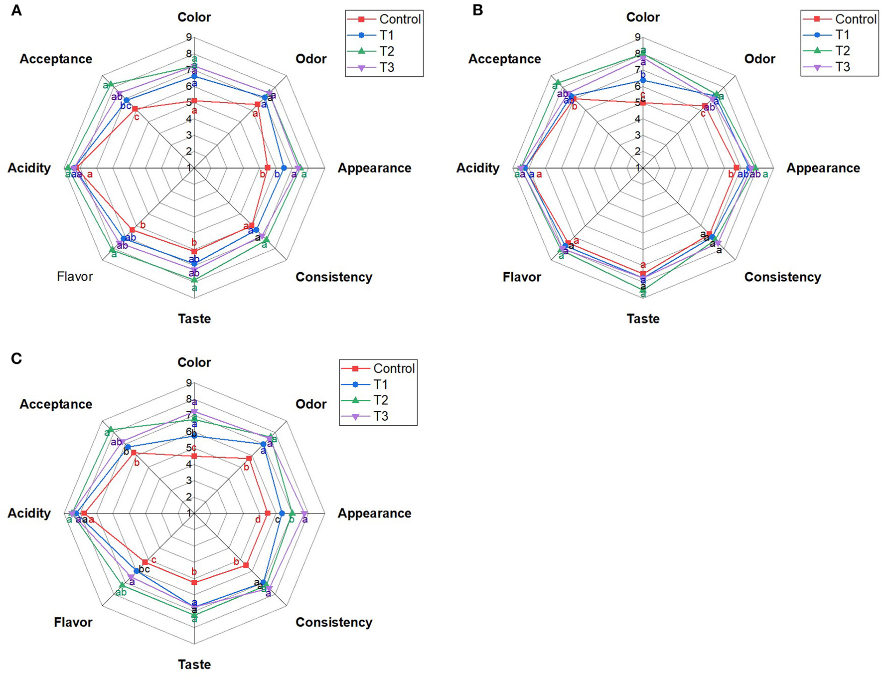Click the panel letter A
(16, 10)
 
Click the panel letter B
(477, 10)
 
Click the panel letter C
(16, 358)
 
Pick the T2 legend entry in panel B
(842, 51)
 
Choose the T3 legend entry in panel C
(381, 416)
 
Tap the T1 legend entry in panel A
(387, 35)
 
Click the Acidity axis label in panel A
(29, 168)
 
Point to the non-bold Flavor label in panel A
(75, 277)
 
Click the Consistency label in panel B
(782, 277)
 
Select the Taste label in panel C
(194, 665)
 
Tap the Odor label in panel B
(759, 59)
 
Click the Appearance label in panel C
(374, 513)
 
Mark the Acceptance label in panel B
(504, 59)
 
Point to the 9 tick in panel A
(189, 37)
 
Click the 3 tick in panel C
(189, 481)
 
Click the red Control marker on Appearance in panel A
(268, 168)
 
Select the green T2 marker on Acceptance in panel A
(111, 83)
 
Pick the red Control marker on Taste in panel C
(194, 582)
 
